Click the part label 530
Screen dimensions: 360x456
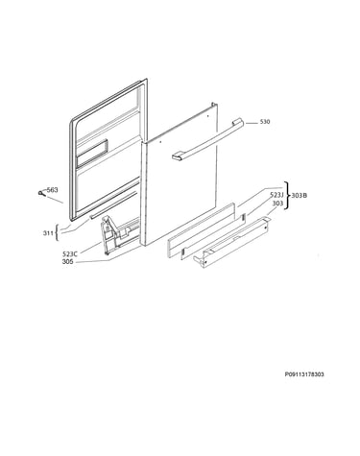pyautogui.click(x=265, y=122)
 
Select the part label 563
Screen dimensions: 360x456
pyautogui.click(x=53, y=190)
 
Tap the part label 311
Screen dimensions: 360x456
pyautogui.click(x=48, y=233)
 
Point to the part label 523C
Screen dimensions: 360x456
pyautogui.click(x=70, y=254)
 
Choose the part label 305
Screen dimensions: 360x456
pyautogui.click(x=68, y=261)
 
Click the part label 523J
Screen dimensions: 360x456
pyautogui.click(x=276, y=195)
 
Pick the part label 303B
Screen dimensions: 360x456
pyautogui.click(x=300, y=195)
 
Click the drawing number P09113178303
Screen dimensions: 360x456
pyautogui.click(x=304, y=374)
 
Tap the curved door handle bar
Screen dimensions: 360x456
pyautogui.click(x=208, y=139)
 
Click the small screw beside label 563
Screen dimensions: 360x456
pyautogui.click(x=40, y=193)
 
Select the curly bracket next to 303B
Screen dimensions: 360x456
pyautogui.click(x=287, y=195)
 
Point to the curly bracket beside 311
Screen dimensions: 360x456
pyautogui.click(x=57, y=233)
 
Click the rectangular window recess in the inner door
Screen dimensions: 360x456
pyautogui.click(x=92, y=153)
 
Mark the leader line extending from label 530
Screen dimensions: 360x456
pyautogui.click(x=252, y=123)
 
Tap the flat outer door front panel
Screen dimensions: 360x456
pyautogui.click(x=180, y=175)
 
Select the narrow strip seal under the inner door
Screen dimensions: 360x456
pyautogui.click(x=113, y=204)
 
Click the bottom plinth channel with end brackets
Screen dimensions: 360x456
pyautogui.click(x=232, y=242)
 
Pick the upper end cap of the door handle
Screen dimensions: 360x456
pyautogui.click(x=238, y=122)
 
